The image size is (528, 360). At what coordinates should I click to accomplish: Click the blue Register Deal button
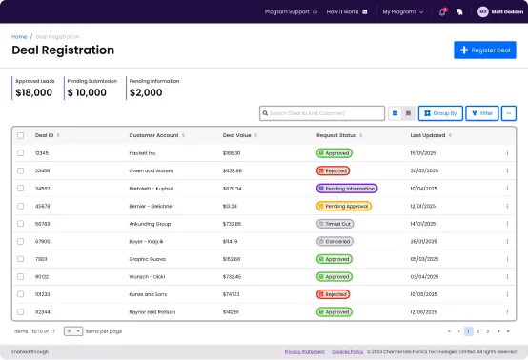(484, 50)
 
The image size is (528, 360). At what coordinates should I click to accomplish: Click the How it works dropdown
(344, 11)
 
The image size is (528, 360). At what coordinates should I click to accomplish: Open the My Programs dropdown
(403, 11)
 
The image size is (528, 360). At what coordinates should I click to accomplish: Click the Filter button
(481, 113)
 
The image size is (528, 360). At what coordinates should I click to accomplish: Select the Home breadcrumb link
(19, 36)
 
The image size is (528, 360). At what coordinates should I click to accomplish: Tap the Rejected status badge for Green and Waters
(334, 170)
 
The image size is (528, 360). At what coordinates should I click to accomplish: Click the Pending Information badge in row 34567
(346, 189)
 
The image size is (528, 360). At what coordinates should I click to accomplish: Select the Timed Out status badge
(335, 224)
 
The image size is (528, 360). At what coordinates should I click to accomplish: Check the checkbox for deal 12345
(21, 152)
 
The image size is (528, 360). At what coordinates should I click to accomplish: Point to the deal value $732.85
(232, 224)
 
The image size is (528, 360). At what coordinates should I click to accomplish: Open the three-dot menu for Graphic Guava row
(507, 259)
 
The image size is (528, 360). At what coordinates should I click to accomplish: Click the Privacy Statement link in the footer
(303, 352)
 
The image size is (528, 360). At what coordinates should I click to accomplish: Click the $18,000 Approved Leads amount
(34, 92)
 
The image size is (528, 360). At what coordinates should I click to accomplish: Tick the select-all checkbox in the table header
(21, 135)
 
